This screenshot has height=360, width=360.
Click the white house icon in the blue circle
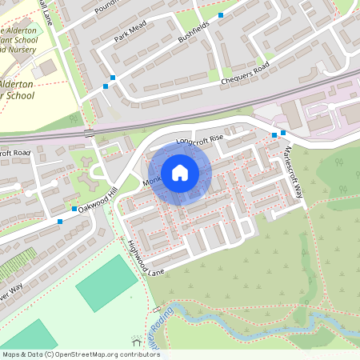coord(179,173)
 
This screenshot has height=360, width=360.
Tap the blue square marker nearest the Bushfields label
coord(221,14)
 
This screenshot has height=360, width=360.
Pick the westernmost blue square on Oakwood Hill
coord(60,221)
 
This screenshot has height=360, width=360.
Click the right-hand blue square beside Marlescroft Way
coord(283,134)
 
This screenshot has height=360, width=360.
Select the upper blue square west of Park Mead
coord(113,78)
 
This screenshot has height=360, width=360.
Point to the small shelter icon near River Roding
coord(157,310)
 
